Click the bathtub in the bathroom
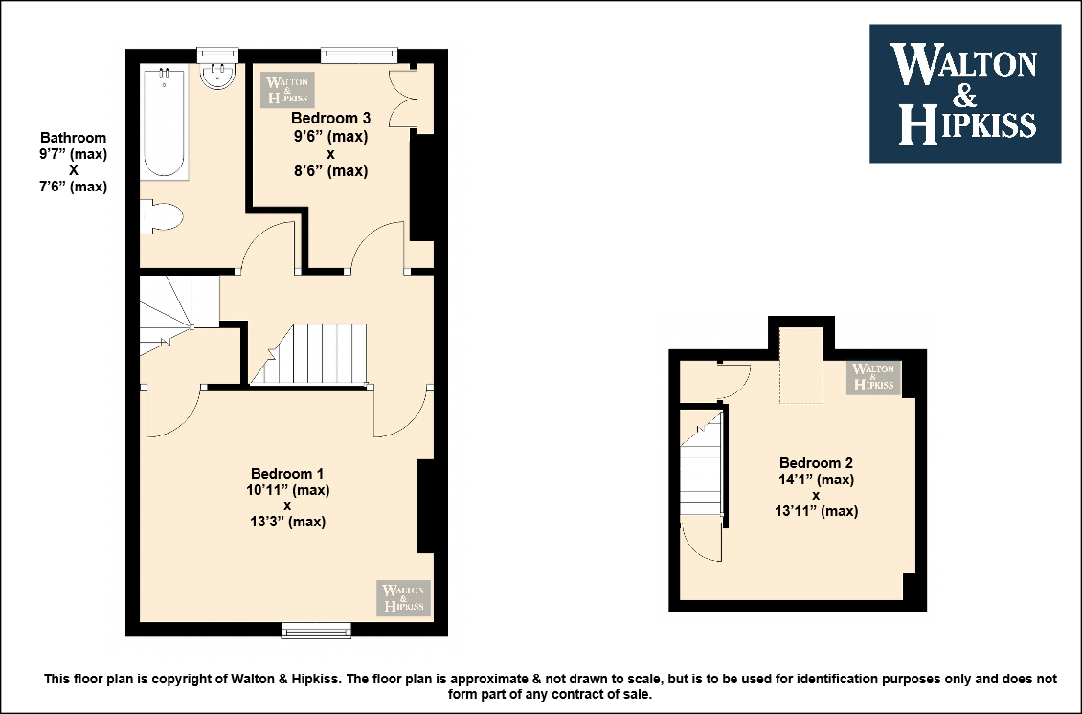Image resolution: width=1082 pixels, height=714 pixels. pyautogui.click(x=164, y=123)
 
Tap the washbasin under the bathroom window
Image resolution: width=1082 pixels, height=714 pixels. pyautogui.click(x=218, y=76)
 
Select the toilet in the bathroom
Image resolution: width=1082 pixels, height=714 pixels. pyautogui.click(x=161, y=216)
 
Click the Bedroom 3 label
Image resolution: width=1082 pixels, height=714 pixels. pyautogui.click(x=330, y=118)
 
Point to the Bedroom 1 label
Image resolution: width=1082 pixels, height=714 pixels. pyautogui.click(x=287, y=473)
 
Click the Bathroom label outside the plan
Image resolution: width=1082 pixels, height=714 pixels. pyautogui.click(x=73, y=137)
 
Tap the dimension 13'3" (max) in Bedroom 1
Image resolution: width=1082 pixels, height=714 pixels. pyautogui.click(x=288, y=522)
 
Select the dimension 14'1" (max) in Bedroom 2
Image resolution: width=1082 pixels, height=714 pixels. pyautogui.click(x=817, y=480)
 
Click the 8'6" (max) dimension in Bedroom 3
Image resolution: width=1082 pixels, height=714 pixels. pyautogui.click(x=330, y=170)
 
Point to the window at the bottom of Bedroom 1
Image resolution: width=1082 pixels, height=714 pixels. pyautogui.click(x=316, y=630)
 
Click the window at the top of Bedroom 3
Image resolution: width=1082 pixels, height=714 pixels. pyautogui.click(x=359, y=56)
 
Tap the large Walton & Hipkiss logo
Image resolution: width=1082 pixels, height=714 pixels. pyautogui.click(x=964, y=94)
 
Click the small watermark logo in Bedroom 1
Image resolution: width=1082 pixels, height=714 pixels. pyautogui.click(x=404, y=597)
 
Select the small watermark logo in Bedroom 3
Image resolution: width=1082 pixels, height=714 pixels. pyautogui.click(x=287, y=90)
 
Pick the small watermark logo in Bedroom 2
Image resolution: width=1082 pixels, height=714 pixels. pyautogui.click(x=873, y=377)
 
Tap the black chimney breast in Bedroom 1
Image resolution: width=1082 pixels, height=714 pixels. pyautogui.click(x=425, y=506)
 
